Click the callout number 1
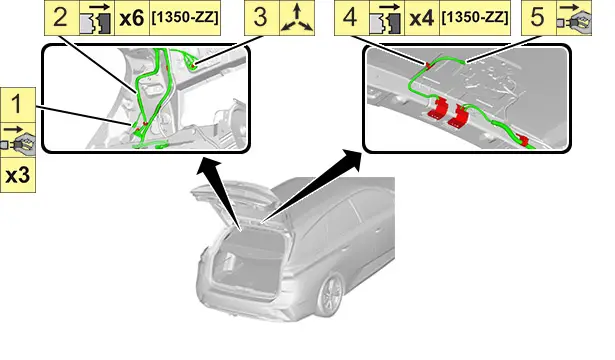point(17,105)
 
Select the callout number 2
point(61,18)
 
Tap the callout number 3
point(261,18)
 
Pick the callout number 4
point(350,18)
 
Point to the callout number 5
point(538,18)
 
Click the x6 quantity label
point(131,18)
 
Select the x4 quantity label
point(421,18)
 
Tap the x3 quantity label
point(18,176)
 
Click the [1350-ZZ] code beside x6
point(185,18)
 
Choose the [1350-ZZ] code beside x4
point(475,18)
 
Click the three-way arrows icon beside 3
point(297,18)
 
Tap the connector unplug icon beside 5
point(574,18)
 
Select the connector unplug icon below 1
point(18,140)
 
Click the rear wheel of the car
point(331,295)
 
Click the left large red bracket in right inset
point(437,108)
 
